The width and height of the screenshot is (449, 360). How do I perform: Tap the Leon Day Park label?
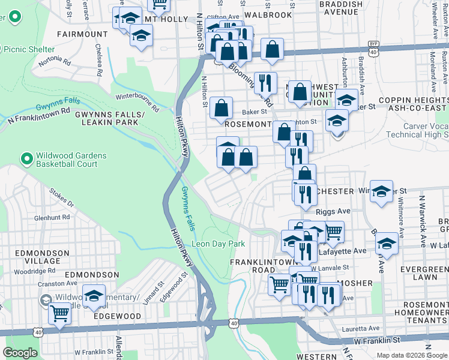(x=218, y=244)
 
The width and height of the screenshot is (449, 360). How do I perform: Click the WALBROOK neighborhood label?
(x=271, y=14)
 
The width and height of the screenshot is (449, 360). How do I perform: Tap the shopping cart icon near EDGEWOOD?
(x=60, y=313)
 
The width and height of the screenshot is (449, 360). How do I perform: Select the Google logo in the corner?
(x=20, y=353)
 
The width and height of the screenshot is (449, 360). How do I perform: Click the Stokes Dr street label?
(x=61, y=199)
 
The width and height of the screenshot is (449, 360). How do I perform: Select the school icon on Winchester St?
(x=381, y=192)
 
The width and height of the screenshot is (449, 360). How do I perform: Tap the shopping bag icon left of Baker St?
(x=221, y=109)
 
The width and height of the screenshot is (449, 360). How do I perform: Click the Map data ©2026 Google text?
(x=411, y=355)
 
